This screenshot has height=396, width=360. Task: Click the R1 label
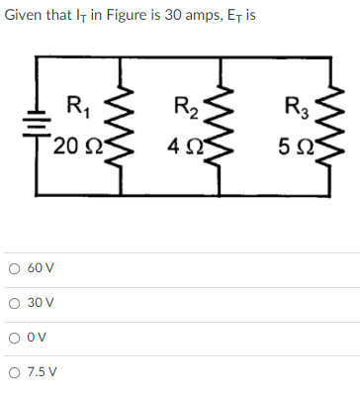pyautogui.click(x=72, y=103)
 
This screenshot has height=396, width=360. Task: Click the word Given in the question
pyautogui.click(x=25, y=15)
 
